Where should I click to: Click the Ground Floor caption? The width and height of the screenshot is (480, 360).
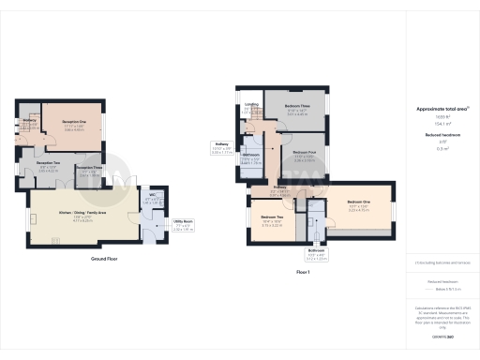(x=103, y=258)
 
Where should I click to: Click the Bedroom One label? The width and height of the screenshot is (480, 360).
(x=360, y=202)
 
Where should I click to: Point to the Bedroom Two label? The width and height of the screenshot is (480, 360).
(x=273, y=217)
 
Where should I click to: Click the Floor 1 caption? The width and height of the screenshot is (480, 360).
(x=302, y=271)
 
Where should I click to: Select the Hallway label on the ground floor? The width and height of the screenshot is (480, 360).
(x=28, y=120)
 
